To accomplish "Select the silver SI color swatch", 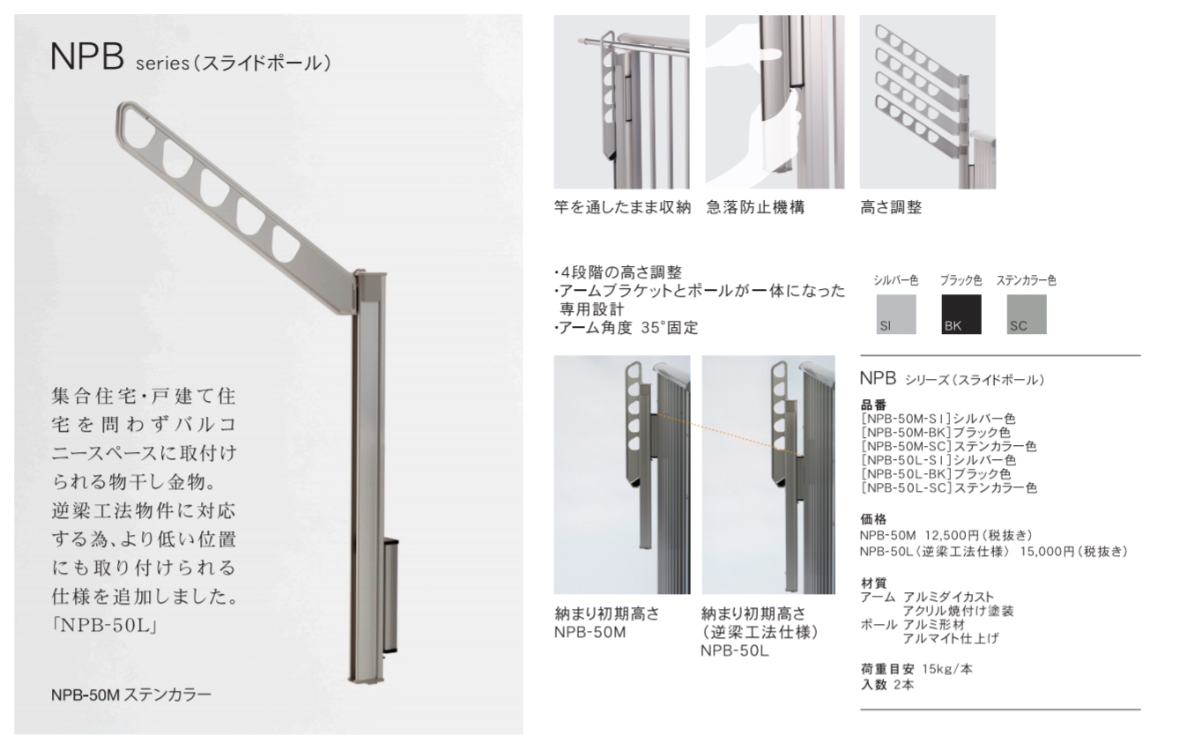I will point(895,314).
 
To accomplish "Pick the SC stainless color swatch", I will point(1027,314).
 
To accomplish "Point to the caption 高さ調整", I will point(891,209).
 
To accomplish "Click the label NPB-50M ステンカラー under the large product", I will point(130,694).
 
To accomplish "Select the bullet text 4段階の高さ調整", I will point(618,272).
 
